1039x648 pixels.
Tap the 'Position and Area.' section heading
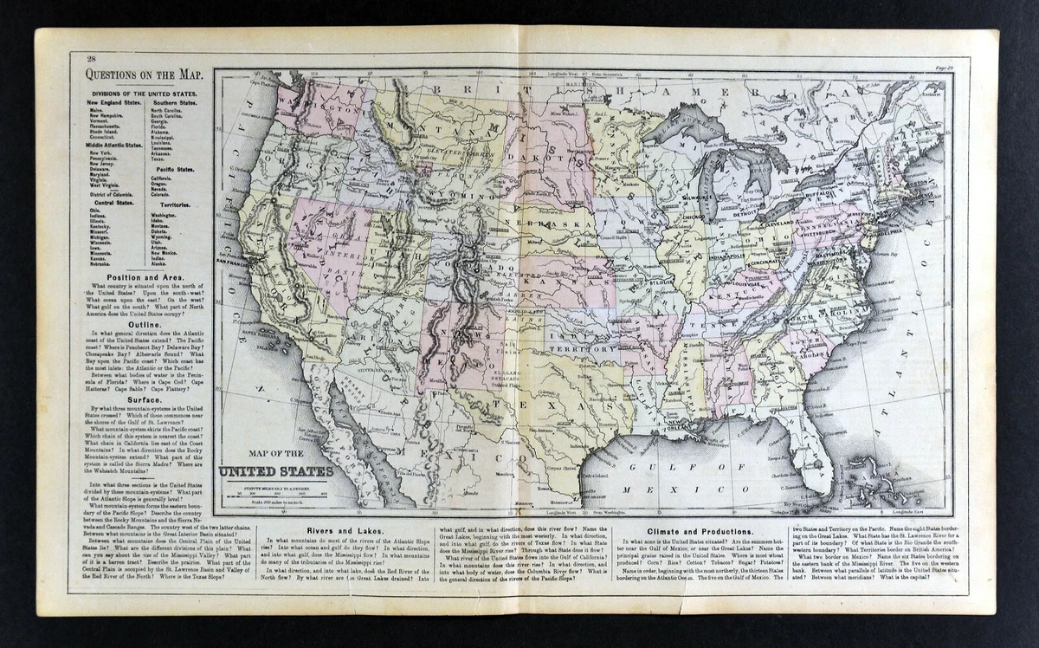coord(143,278)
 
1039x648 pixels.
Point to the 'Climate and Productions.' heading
coord(698,531)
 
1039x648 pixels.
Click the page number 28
coord(91,58)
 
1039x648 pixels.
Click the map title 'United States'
coord(275,471)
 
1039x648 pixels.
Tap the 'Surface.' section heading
coord(143,400)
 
